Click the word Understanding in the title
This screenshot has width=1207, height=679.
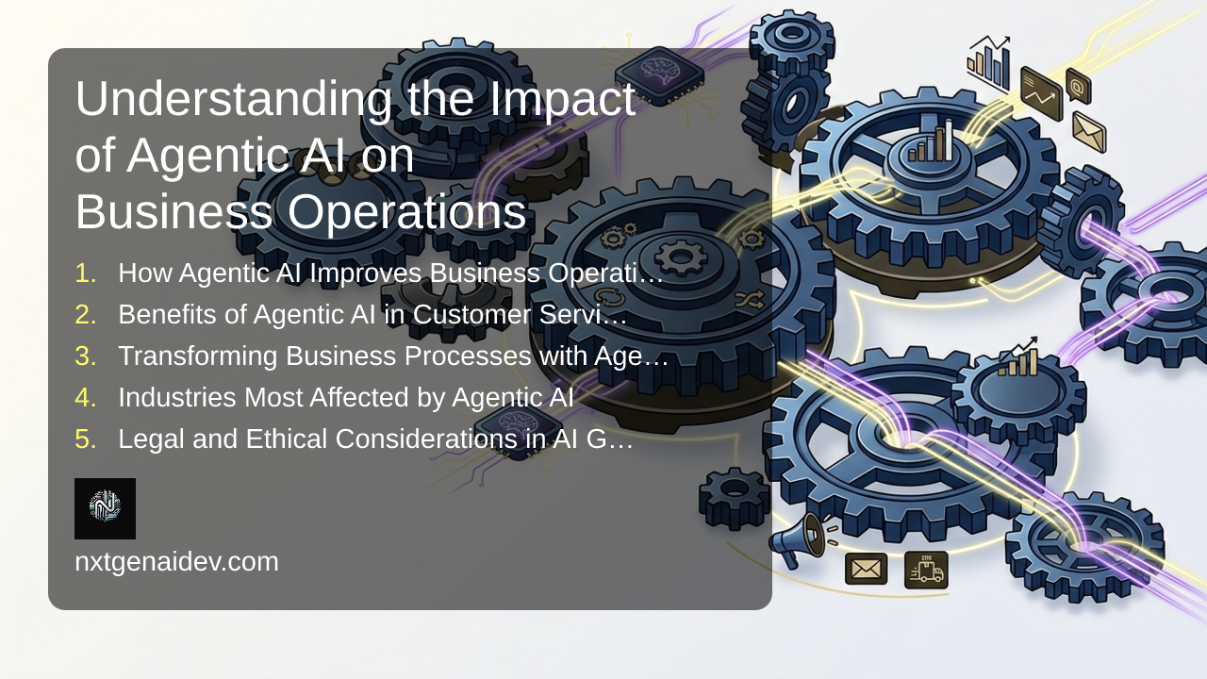pos(234,99)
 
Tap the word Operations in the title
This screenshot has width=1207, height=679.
pos(406,212)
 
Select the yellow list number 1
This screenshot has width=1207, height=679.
pos(86,273)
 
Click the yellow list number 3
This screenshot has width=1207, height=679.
pos(86,356)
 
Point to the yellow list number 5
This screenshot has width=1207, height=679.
pos(86,439)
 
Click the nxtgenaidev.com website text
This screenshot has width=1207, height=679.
pos(176,562)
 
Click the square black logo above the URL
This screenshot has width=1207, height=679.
pos(105,508)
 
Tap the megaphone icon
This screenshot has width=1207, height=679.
pos(799,538)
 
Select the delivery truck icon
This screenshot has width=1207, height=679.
pos(926,570)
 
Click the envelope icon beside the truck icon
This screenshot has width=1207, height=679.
pos(866,569)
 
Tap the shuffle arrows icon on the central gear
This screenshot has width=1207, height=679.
pos(750,300)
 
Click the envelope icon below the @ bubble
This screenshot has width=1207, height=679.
pos(1089,133)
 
